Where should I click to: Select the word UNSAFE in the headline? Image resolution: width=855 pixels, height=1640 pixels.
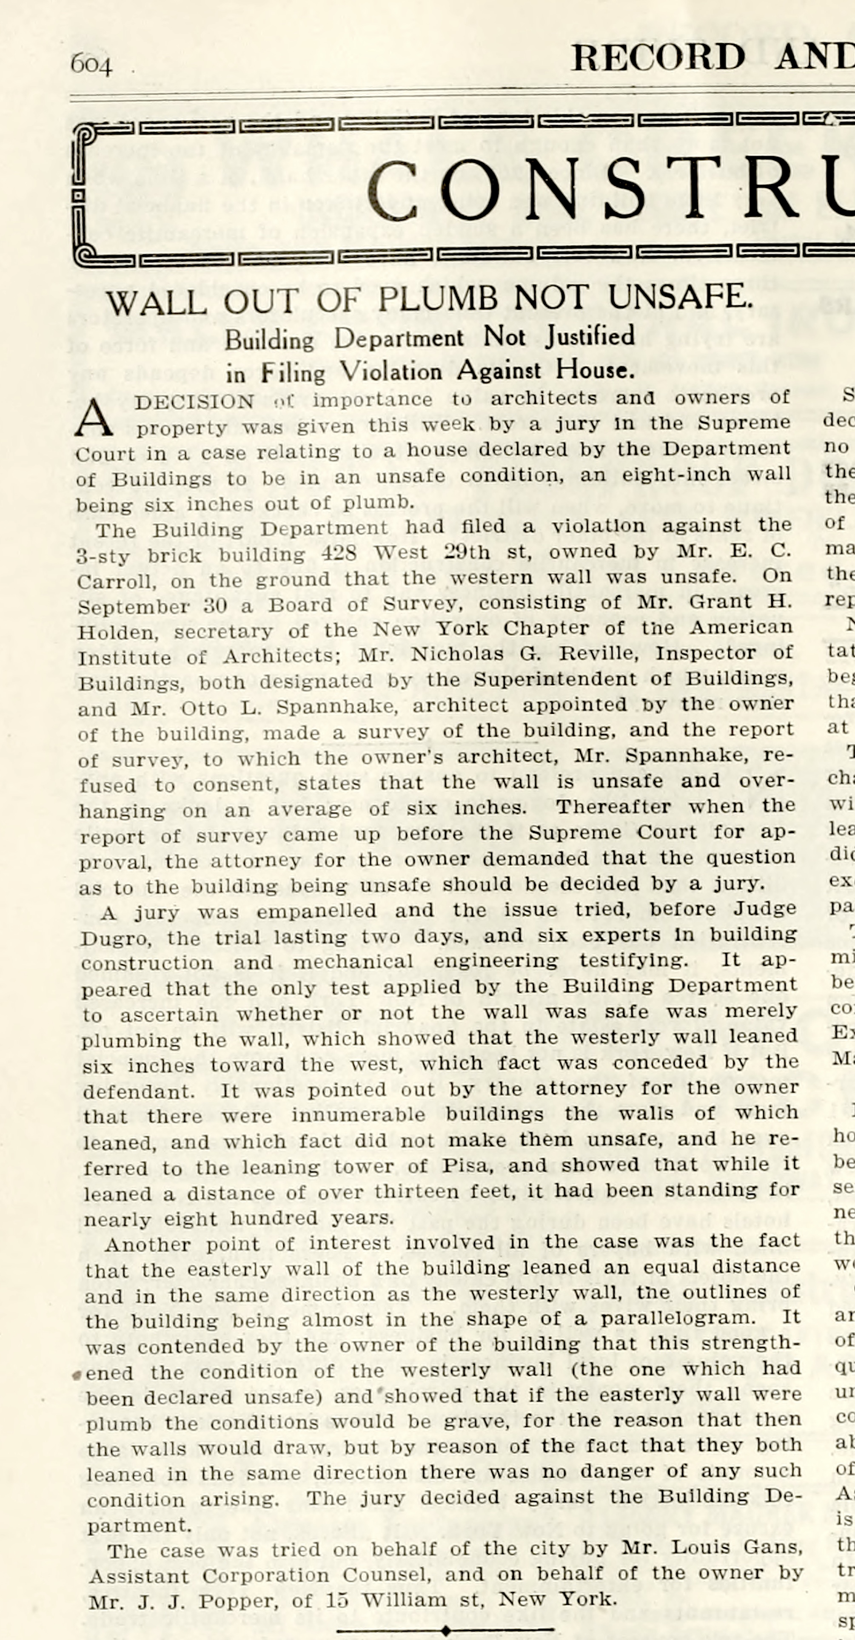[679, 296]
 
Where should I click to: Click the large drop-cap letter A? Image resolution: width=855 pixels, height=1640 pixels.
[93, 419]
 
